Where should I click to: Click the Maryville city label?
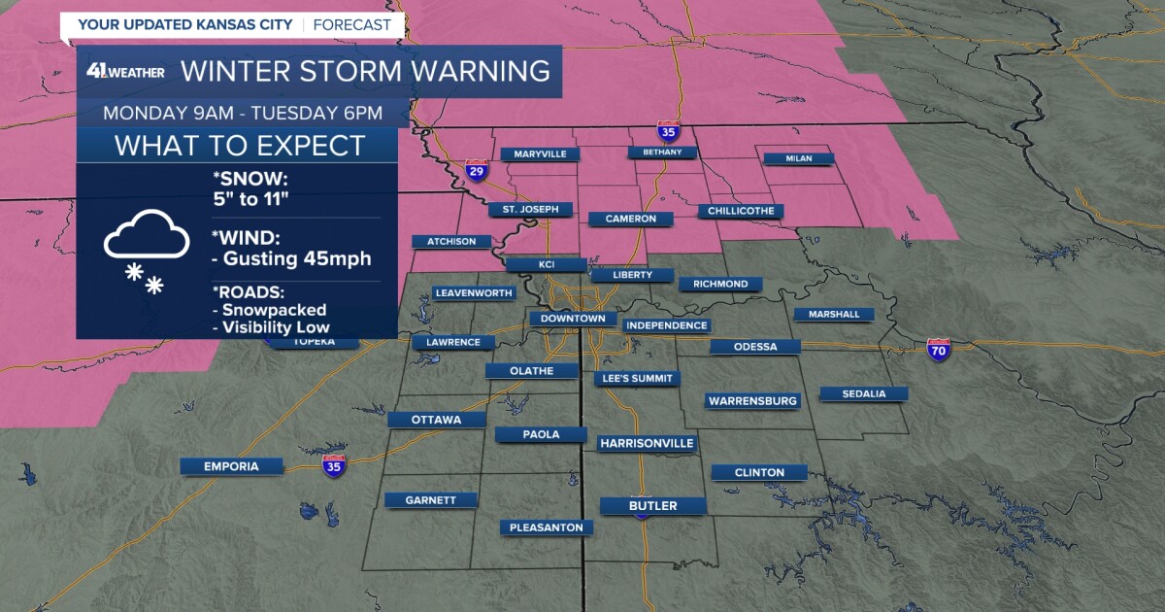point(540,153)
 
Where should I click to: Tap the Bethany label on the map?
point(662,153)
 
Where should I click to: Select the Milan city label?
point(798,158)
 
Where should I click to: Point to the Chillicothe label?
point(740,211)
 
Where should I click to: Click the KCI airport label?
point(546,264)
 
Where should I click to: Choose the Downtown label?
point(573,319)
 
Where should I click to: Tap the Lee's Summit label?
point(637,378)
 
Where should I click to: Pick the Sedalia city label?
point(864,393)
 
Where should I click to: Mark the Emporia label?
point(231,466)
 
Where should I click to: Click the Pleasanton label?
point(547,527)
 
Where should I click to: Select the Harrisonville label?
point(647,443)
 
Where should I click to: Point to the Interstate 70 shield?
point(938,350)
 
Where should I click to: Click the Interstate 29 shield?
point(476,172)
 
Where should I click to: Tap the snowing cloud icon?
point(146,248)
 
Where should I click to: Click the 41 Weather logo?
point(124,71)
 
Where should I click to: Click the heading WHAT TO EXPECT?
point(239,146)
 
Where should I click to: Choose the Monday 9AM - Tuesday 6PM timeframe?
point(243,113)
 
